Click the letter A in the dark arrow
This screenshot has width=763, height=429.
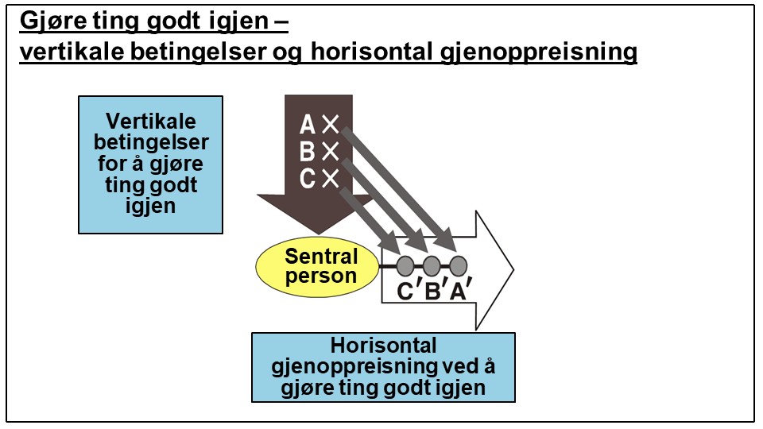307,125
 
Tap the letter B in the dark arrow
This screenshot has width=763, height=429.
307,152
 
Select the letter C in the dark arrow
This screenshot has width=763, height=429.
308,179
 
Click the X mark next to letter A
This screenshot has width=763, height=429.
331,125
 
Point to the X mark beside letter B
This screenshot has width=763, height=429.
331,152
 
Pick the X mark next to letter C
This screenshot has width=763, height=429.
331,179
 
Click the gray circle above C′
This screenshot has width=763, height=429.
405,265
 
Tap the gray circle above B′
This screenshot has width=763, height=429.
432,265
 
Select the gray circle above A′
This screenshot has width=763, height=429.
458,265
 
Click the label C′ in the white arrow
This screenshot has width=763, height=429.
407,292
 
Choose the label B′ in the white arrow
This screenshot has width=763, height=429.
434,292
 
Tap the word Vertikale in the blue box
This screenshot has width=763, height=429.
150,122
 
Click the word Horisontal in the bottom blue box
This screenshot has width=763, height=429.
383,346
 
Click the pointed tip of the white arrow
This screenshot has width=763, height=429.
512,270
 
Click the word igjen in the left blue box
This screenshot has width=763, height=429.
150,204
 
